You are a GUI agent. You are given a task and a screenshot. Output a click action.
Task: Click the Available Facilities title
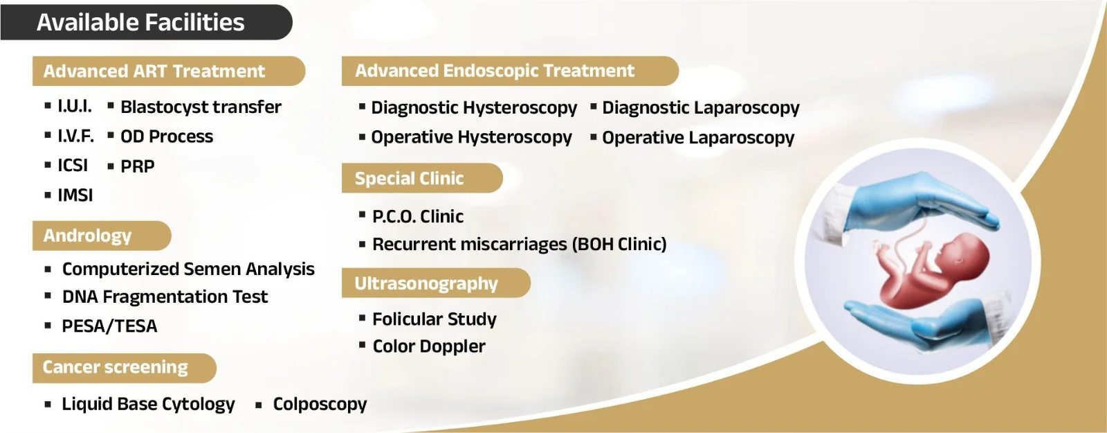(140, 22)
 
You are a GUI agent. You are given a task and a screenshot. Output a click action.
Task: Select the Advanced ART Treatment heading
(154, 71)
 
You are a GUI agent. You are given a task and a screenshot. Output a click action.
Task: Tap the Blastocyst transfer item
(201, 107)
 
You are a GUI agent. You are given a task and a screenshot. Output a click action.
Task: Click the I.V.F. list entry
(75, 136)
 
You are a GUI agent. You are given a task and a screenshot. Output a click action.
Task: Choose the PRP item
(138, 166)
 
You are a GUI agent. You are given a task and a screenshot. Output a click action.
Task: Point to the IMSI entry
(75, 195)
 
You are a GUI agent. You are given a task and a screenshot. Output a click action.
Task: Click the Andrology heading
(87, 236)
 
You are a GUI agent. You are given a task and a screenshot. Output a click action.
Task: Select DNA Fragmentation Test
(165, 297)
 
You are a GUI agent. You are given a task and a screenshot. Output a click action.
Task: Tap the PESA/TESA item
(109, 326)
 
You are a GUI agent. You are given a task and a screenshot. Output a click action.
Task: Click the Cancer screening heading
(115, 367)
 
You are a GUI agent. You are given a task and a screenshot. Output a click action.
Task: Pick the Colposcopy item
(320, 405)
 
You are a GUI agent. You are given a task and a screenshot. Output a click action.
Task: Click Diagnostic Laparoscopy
(700, 108)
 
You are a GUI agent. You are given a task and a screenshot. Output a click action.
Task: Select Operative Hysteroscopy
(471, 138)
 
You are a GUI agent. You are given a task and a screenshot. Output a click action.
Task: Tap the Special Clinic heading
(409, 178)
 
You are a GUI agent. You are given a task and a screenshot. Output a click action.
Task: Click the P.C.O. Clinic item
(418, 216)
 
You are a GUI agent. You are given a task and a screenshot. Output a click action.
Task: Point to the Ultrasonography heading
(426, 283)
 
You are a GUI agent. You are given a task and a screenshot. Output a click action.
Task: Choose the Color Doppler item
(429, 346)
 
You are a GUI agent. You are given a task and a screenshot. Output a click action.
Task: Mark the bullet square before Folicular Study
(363, 317)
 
